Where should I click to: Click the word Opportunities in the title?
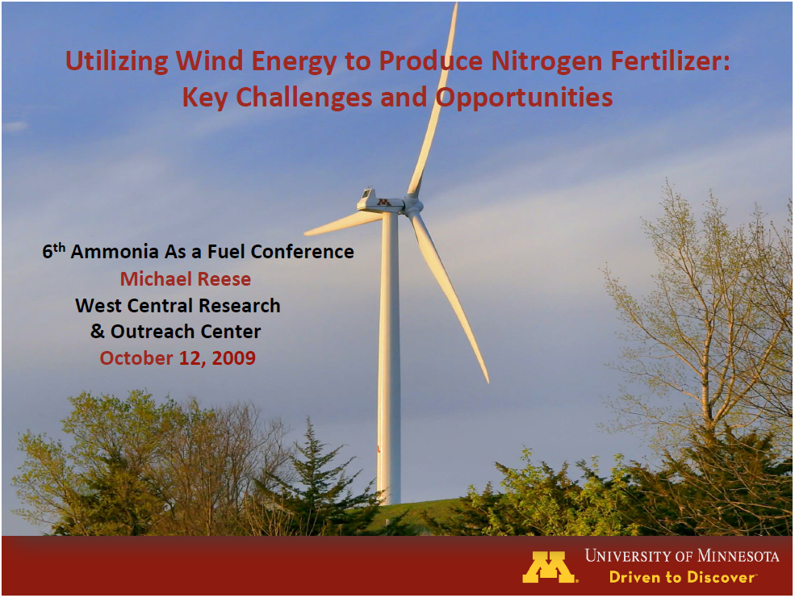(525, 98)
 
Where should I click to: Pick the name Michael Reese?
(186, 279)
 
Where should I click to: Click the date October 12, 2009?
(178, 358)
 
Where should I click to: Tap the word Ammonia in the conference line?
(116, 252)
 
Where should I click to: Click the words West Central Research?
(178, 306)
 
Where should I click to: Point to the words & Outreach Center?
(176, 332)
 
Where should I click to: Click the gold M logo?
(550, 567)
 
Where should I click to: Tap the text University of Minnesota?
(682, 556)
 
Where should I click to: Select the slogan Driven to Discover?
(682, 577)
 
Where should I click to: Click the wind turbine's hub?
(413, 206)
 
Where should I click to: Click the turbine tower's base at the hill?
(389, 500)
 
